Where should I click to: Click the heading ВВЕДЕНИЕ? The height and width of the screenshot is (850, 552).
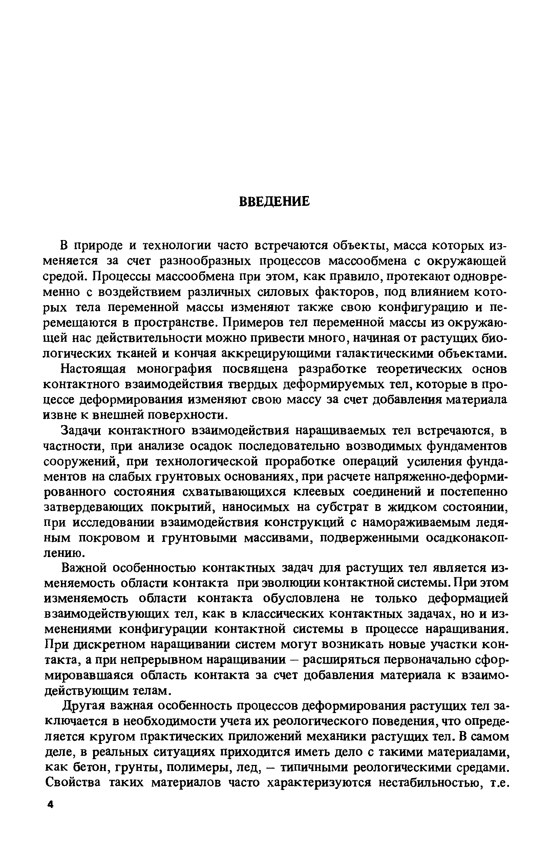click(274, 202)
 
